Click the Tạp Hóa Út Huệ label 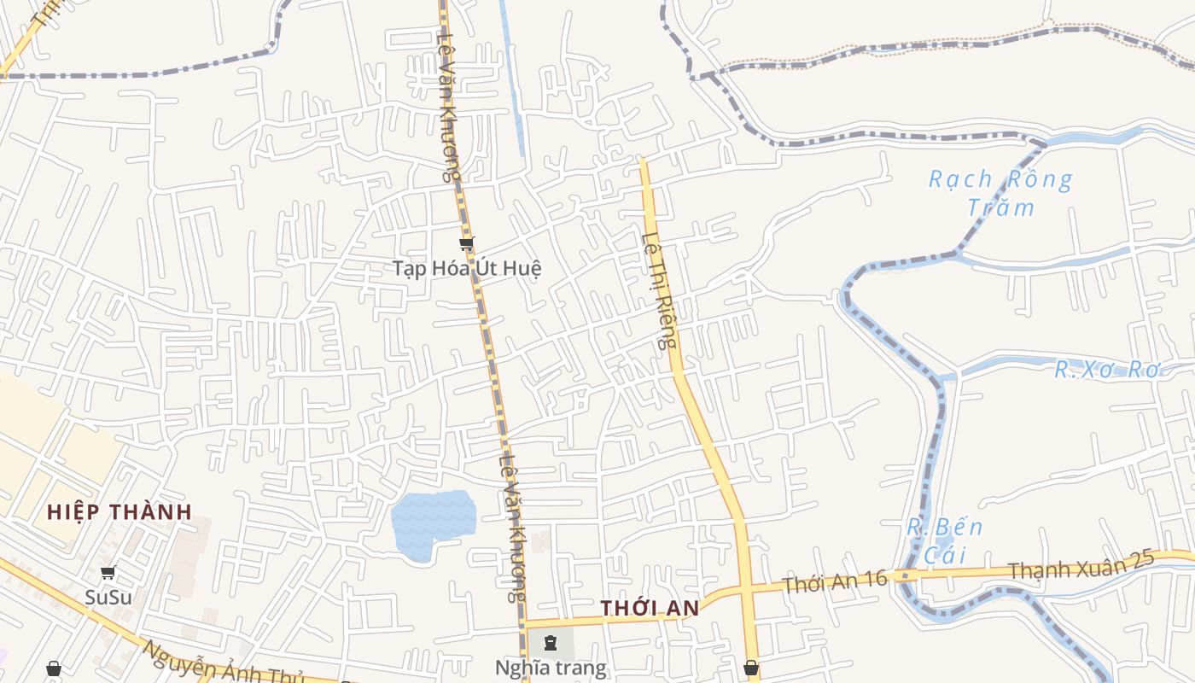tap(467, 268)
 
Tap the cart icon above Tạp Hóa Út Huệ tap(466, 245)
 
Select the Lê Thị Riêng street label tap(660, 290)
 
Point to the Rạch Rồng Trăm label tap(1000, 193)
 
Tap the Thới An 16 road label tap(835, 583)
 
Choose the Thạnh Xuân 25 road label tap(1081, 566)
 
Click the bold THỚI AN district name tap(650, 609)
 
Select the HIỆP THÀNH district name tap(119, 512)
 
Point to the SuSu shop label tap(108, 597)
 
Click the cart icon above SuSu tap(108, 573)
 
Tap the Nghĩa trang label tap(551, 668)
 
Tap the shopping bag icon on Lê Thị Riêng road tap(751, 667)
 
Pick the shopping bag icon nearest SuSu tap(54, 668)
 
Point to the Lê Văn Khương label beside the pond tap(511, 529)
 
